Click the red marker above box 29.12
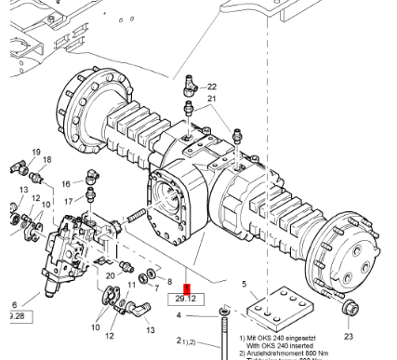click(x=188, y=287)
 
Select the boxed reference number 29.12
click(x=182, y=299)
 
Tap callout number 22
click(x=211, y=87)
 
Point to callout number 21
click(x=211, y=99)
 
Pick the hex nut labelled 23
click(x=349, y=308)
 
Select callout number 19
click(x=36, y=152)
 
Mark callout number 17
click(x=67, y=200)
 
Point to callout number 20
click(x=111, y=274)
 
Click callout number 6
click(x=13, y=304)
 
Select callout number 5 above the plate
click(x=244, y=284)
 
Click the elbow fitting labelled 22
click(x=191, y=87)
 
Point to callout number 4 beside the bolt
click(x=179, y=315)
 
